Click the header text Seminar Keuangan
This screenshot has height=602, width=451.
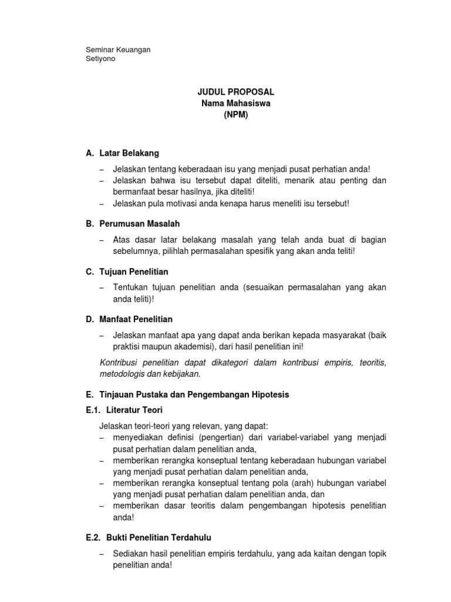118,49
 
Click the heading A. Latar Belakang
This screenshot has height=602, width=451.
122,153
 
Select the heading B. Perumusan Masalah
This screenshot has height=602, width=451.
133,224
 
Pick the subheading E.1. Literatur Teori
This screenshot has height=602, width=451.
124,410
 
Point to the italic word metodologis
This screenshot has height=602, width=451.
123,373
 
